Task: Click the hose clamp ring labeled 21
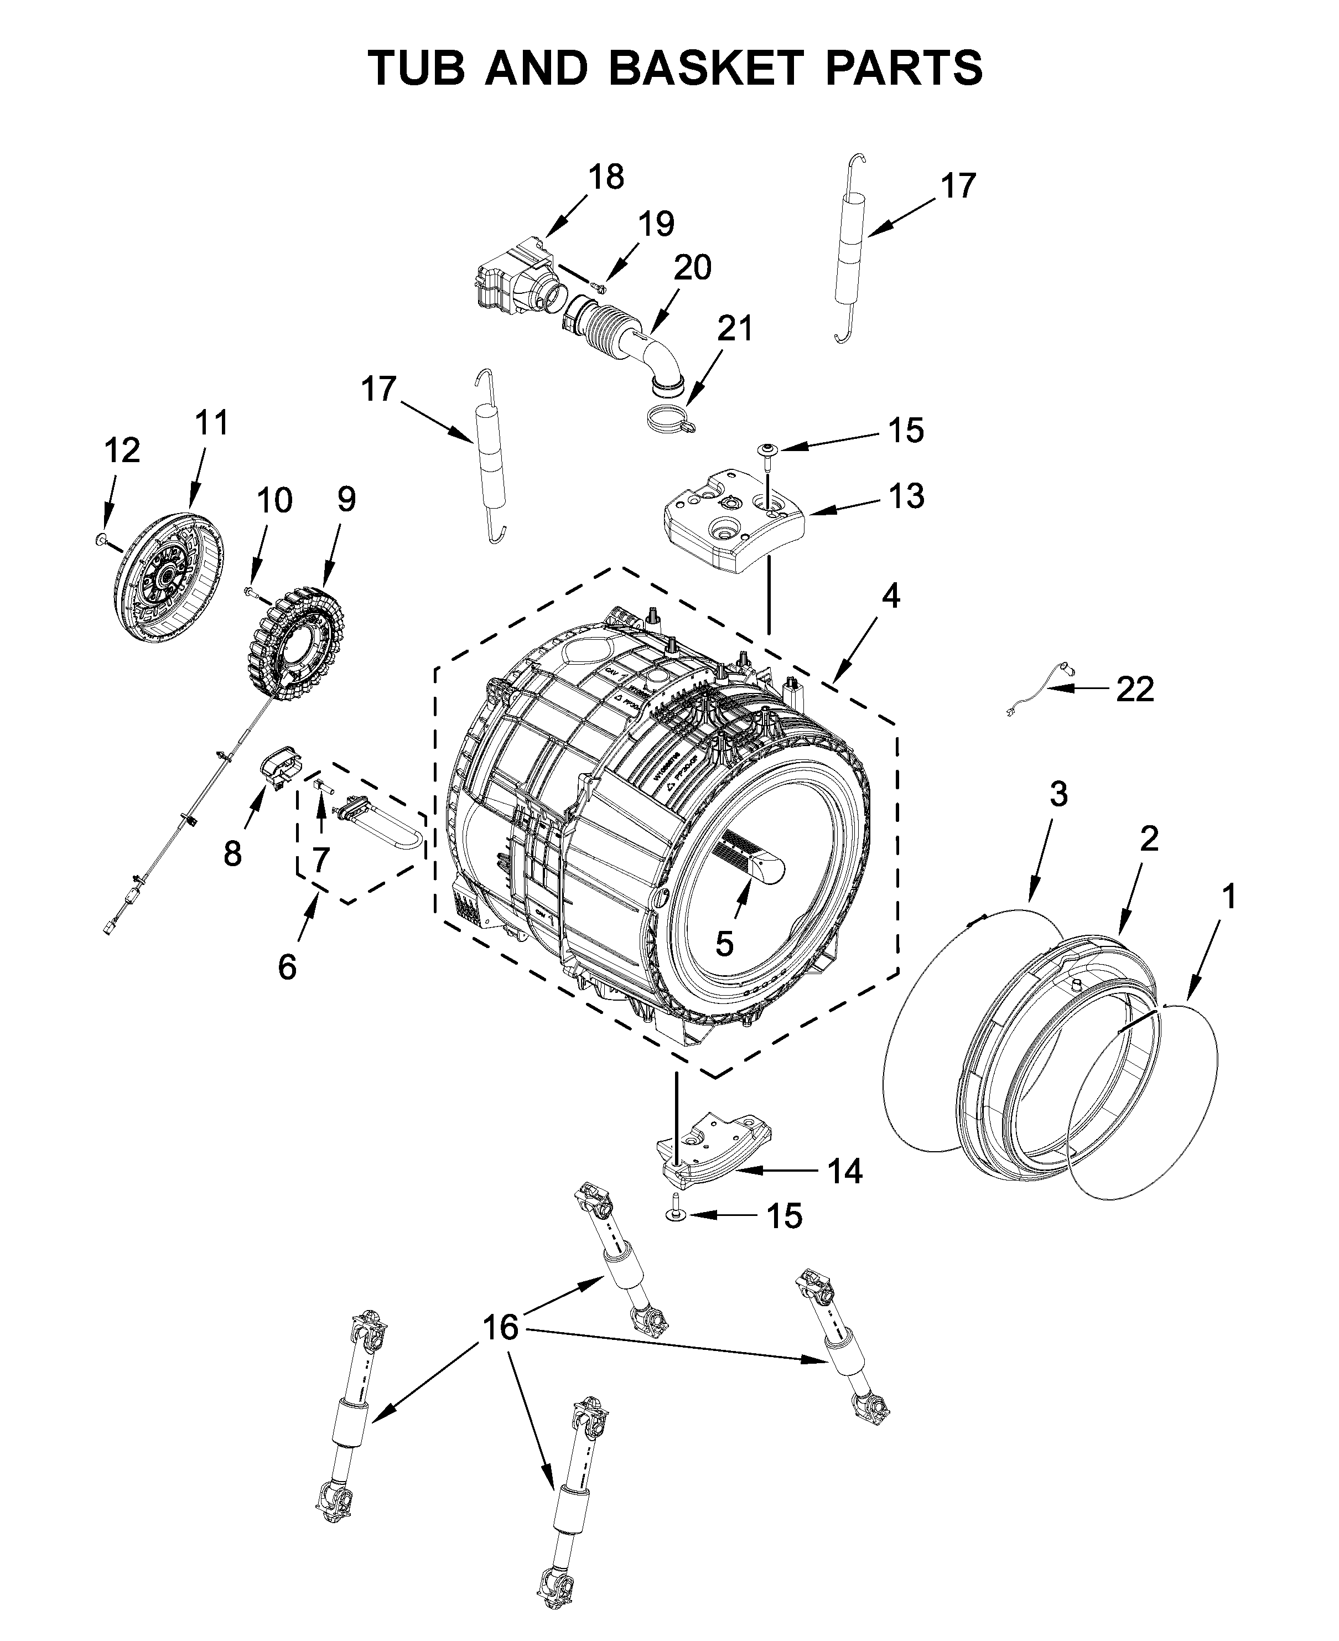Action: [x=668, y=418]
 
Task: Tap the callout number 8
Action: [x=232, y=853]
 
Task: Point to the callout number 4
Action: [x=891, y=597]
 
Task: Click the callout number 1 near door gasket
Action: [x=1229, y=897]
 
